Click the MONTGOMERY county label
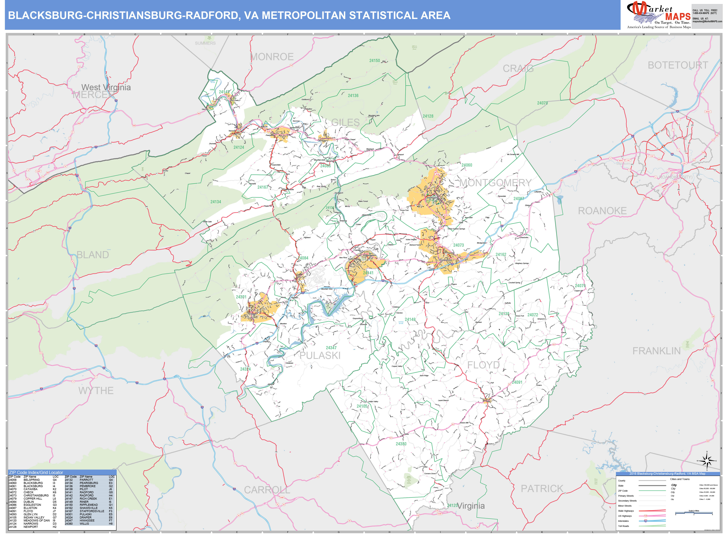pyautogui.click(x=495, y=183)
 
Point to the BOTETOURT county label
pyautogui.click(x=678, y=65)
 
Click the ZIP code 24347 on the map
pyautogui.click(x=331, y=348)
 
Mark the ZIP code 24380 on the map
pyautogui.click(x=401, y=444)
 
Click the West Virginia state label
pyautogui.click(x=106, y=87)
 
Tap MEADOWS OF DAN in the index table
pyautogui.click(x=37, y=520)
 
